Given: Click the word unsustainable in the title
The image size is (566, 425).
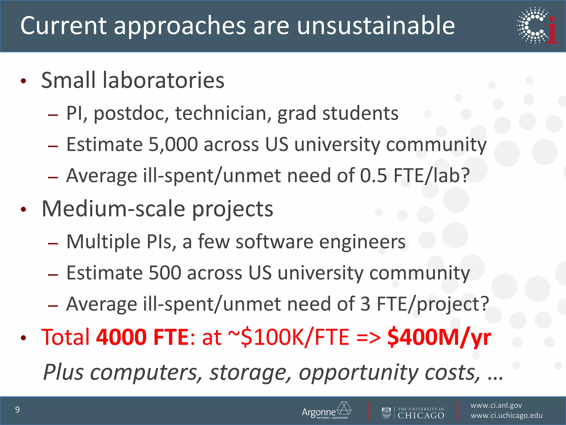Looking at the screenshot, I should (376, 25).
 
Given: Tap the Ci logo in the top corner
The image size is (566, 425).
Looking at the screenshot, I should (537, 25).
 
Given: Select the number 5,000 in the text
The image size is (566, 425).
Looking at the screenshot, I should (173, 144).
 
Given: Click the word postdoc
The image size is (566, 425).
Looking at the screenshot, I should (131, 113).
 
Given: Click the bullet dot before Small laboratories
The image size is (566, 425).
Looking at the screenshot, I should (23, 81).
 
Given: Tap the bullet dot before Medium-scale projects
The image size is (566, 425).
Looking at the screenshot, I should (23, 209).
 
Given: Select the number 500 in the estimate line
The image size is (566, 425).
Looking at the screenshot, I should (165, 273).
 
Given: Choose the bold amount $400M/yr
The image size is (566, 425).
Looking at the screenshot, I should (439, 337).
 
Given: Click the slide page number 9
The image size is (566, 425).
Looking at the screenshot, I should (17, 410).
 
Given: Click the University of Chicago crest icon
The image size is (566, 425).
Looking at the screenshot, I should (386, 413).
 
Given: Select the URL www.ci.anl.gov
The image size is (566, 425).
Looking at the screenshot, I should (496, 405).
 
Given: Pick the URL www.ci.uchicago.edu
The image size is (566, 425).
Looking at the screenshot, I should (506, 416).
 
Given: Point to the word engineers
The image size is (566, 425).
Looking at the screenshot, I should (362, 242).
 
